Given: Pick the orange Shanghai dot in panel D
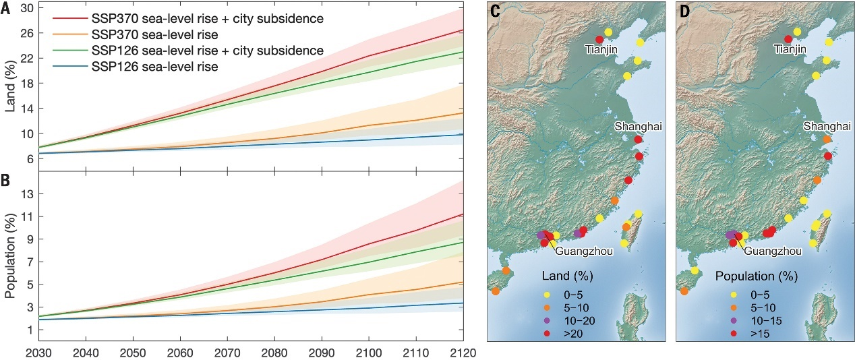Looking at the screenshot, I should point(827,140).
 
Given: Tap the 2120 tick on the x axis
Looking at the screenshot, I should point(463,352).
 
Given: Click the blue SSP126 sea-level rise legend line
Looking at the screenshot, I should point(64,67).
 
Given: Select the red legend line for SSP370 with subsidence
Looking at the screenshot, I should point(64,16).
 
